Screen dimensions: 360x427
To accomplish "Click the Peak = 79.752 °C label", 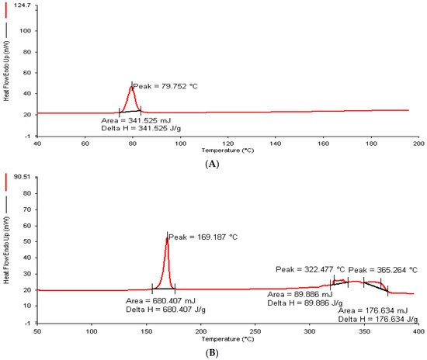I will pos(165,86).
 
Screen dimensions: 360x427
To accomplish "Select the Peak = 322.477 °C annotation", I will pos(308,269).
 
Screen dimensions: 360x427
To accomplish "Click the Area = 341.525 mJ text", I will pos(137,121).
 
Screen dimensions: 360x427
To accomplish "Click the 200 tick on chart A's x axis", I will pos(418,144).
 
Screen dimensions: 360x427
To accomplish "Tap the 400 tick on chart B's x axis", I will pos(418,332).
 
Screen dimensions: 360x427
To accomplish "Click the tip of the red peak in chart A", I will pos(131,85).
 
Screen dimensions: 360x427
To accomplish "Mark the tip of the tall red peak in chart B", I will pos(166,237).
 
